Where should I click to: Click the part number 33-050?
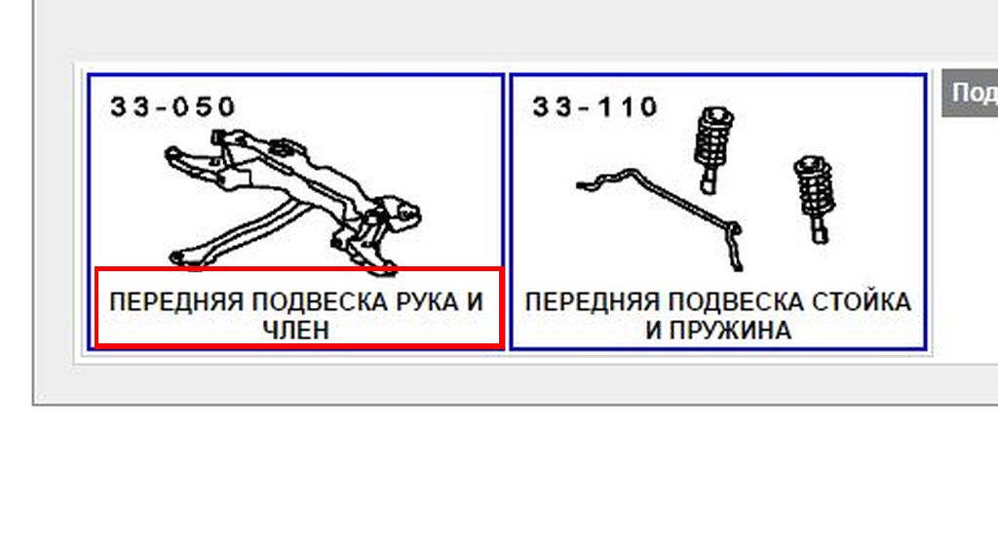click(x=173, y=106)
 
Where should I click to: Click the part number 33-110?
click(x=595, y=106)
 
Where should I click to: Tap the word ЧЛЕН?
click(x=296, y=330)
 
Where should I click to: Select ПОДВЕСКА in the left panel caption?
click(x=321, y=301)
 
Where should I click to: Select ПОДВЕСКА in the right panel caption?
click(x=737, y=301)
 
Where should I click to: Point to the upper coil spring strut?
click(x=712, y=149)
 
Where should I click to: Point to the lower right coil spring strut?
click(x=815, y=197)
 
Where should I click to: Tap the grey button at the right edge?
click(x=970, y=93)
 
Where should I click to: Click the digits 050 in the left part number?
click(x=204, y=106)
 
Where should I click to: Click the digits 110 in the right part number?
click(x=628, y=106)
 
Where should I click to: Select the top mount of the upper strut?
click(x=716, y=116)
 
